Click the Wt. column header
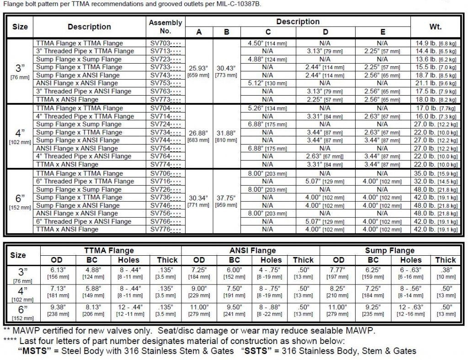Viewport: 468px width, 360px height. [x=435, y=27]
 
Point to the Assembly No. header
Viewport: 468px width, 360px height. [x=165, y=27]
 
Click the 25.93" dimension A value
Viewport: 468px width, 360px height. [x=199, y=68]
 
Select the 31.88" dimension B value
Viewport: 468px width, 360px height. [x=226, y=133]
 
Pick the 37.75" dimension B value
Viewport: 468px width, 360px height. [x=226, y=198]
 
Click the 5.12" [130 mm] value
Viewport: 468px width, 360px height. [x=268, y=83]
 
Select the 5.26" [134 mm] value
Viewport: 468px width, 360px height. [x=268, y=108]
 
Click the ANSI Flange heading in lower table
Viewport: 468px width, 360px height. [x=250, y=250]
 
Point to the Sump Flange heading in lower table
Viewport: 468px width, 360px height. [x=389, y=250]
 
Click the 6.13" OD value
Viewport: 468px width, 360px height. [x=57, y=270]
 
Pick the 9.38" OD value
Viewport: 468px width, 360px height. [x=57, y=307]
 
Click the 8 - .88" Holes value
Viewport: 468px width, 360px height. [x=270, y=307]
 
